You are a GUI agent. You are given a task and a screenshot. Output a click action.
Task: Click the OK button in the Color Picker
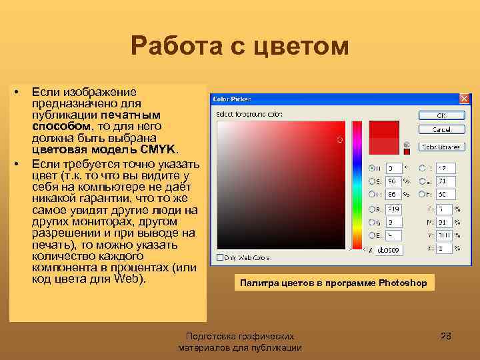441,115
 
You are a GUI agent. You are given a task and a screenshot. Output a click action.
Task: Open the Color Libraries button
441,146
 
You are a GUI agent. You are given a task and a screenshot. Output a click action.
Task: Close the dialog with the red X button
465,99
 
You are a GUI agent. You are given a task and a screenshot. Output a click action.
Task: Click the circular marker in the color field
339,139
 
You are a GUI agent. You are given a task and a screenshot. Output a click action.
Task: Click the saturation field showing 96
393,180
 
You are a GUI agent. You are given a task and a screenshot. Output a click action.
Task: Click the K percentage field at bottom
444,248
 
